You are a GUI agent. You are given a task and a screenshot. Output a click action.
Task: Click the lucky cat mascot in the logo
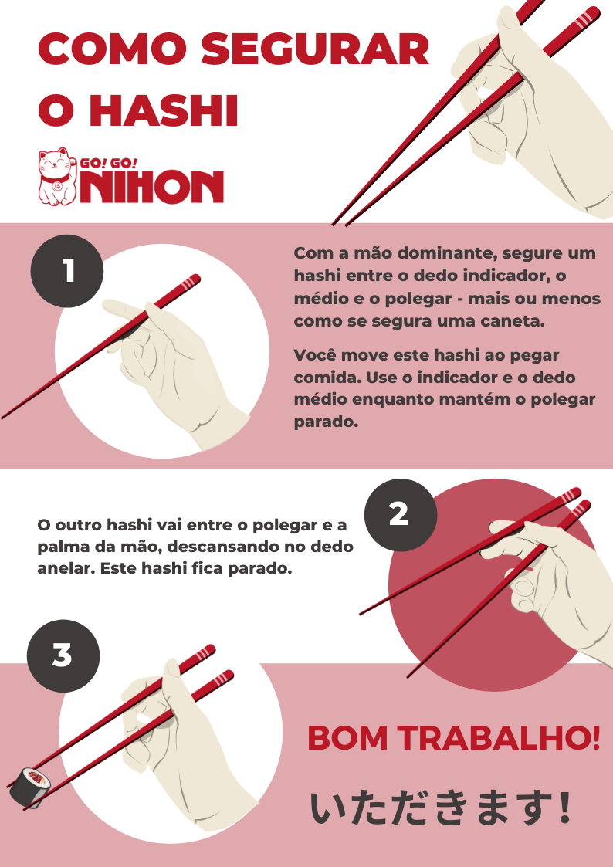[x=54, y=178]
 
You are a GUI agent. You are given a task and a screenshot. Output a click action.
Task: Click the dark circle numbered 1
[x=67, y=271]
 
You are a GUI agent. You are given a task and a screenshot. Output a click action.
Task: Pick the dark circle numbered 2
[x=398, y=514]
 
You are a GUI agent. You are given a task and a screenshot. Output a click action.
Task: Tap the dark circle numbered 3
[x=63, y=655]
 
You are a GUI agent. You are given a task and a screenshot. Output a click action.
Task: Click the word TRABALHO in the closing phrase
[x=491, y=739]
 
